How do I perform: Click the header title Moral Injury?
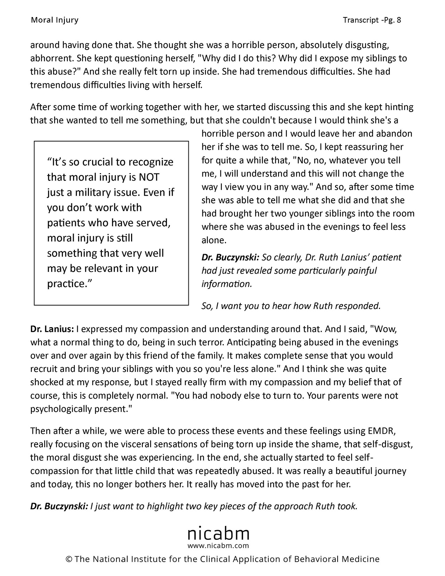tap(55, 20)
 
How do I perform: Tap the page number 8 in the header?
tap(398, 20)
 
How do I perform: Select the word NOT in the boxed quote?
tap(149, 177)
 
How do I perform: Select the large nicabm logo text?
tap(218, 533)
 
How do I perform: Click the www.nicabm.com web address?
tap(218, 546)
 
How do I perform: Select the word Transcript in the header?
tap(360, 20)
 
